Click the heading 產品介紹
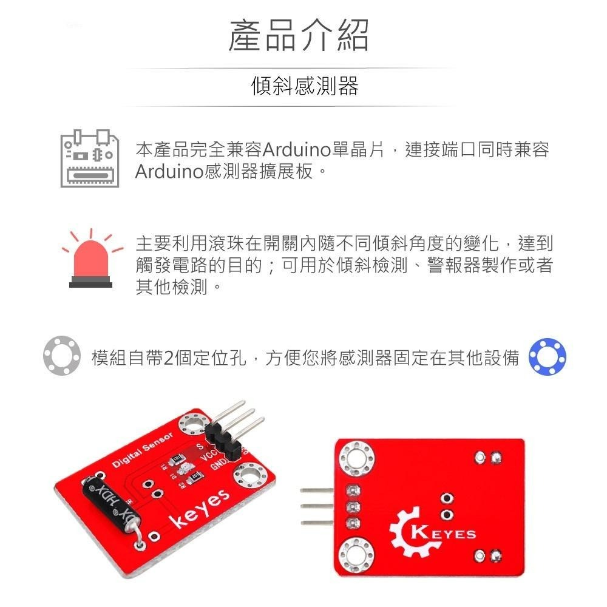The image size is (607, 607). pos(298,35)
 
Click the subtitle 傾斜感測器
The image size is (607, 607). pos(305,86)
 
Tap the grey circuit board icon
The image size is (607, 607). pos(88,158)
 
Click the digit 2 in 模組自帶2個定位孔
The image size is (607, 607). pos(169,358)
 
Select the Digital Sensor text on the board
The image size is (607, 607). pos(143,450)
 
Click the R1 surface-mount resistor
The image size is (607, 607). pos(177,458)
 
